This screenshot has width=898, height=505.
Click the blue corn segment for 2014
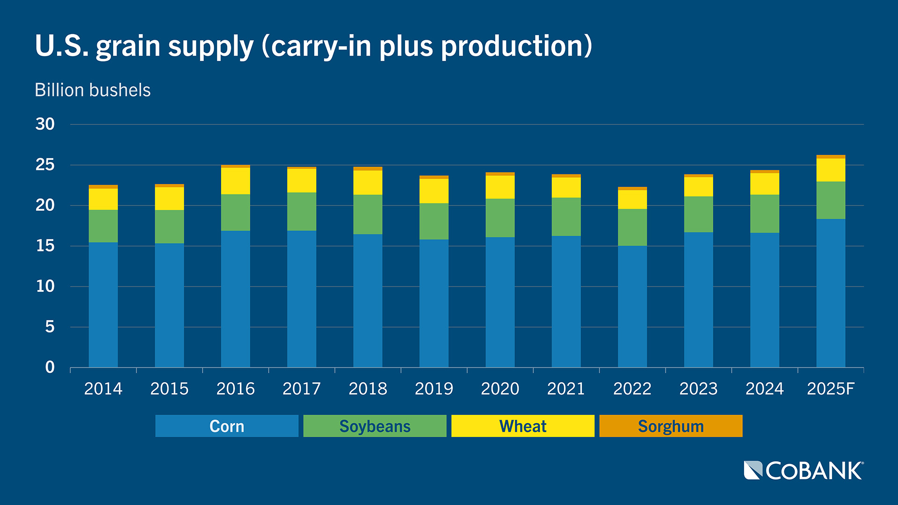click(103, 304)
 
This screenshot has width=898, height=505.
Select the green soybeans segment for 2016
click(235, 212)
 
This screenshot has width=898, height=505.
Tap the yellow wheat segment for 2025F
click(831, 170)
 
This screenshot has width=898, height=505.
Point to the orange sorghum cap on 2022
click(632, 188)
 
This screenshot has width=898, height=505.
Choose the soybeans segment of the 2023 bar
click(698, 214)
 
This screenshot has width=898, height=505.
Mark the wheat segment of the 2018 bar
click(368, 182)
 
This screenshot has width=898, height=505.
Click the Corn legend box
click(227, 426)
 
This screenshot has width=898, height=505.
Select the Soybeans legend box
click(375, 426)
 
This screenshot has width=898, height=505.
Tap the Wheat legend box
click(522, 426)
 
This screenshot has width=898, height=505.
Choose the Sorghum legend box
click(671, 426)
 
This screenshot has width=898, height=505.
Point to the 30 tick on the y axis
click(45, 124)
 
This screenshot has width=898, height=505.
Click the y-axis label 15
click(45, 246)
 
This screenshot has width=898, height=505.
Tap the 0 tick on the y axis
click(50, 368)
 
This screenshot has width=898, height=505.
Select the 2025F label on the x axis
click(831, 389)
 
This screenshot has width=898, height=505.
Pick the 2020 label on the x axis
click(500, 389)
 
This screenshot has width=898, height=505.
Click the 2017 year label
click(302, 389)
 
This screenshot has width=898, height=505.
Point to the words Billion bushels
click(93, 90)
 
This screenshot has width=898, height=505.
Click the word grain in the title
click(128, 47)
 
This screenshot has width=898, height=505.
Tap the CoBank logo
click(804, 470)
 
